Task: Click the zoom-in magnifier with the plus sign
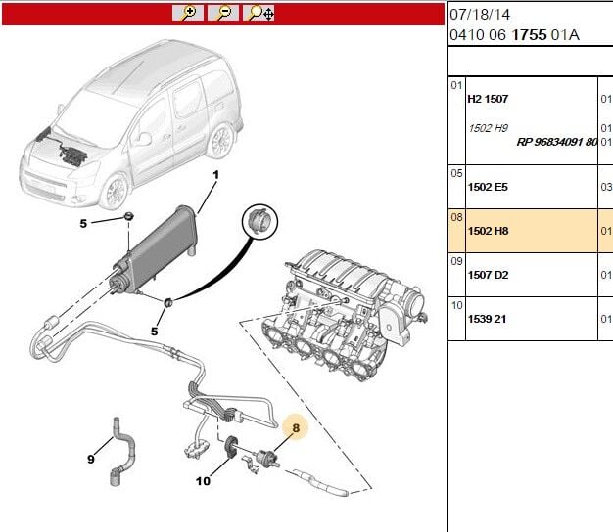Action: pos(188,13)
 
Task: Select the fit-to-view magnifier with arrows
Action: pos(259,13)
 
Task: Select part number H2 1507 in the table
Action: pos(488,99)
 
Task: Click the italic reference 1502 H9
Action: pos(488,128)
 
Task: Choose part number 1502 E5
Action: pos(487,187)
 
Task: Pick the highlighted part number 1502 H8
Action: pos(487,231)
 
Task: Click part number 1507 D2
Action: pos(487,275)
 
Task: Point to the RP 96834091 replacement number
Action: pos(556,142)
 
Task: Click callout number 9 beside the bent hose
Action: pos(90,459)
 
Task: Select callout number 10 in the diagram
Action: pos(203,480)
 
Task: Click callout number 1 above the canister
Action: pos(216,174)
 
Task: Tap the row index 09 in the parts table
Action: pos(456,261)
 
